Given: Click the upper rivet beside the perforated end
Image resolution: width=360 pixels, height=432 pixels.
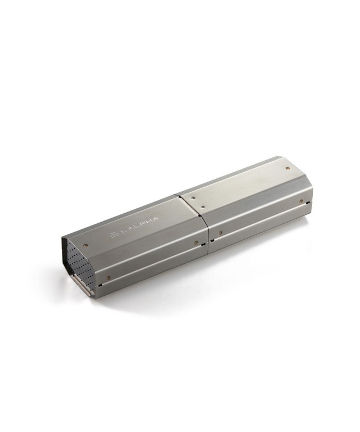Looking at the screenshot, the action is (86, 245).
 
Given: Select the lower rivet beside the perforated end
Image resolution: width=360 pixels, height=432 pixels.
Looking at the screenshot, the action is (108, 277).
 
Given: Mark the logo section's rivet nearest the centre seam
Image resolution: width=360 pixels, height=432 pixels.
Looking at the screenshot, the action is (196, 243).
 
